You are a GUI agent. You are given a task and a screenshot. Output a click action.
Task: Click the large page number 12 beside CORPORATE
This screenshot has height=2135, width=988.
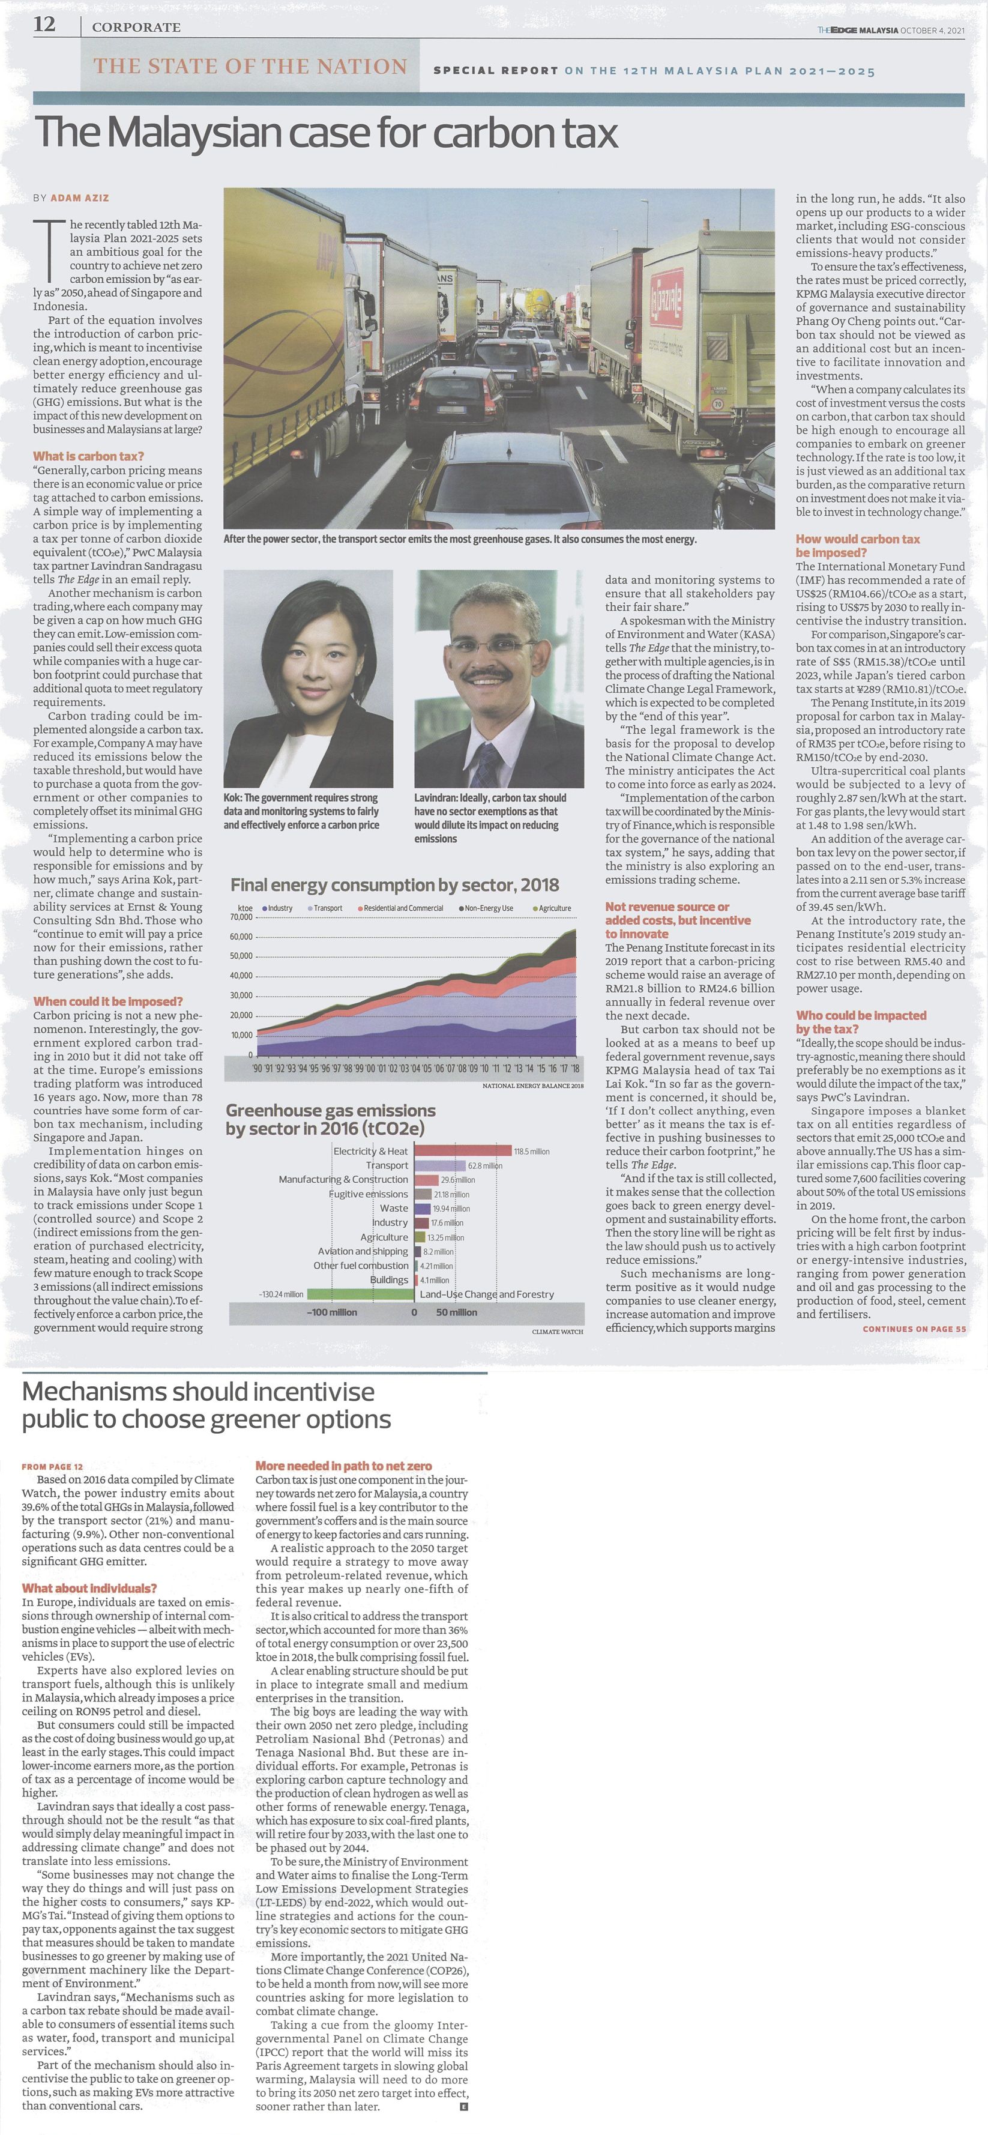tap(45, 25)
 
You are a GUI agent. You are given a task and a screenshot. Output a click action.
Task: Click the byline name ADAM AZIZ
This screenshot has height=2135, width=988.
tap(80, 198)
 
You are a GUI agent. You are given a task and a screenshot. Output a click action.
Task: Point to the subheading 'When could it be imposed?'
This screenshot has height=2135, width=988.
tap(108, 1001)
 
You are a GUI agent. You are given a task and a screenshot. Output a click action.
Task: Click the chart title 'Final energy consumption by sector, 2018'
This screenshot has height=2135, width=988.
tap(394, 885)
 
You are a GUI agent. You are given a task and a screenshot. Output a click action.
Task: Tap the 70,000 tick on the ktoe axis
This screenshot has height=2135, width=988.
tap(241, 917)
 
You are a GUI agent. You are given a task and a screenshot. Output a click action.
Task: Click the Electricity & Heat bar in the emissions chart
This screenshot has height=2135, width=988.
tap(463, 1150)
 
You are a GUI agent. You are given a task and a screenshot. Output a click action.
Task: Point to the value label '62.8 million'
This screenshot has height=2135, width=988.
tap(485, 1165)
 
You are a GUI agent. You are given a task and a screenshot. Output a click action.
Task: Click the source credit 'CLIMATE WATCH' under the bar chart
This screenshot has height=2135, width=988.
tap(557, 1331)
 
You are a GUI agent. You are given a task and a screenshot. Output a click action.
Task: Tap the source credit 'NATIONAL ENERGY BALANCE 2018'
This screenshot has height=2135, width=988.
tap(532, 1086)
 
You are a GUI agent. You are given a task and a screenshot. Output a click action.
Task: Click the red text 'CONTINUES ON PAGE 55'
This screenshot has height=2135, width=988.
tap(914, 1329)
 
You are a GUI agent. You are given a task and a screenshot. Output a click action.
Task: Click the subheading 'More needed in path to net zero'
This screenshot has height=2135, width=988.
tap(343, 1466)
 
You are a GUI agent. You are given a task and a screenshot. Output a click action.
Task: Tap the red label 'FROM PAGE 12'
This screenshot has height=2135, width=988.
tap(52, 1466)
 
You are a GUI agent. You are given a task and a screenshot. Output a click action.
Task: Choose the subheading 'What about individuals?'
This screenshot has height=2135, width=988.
tap(89, 1588)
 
